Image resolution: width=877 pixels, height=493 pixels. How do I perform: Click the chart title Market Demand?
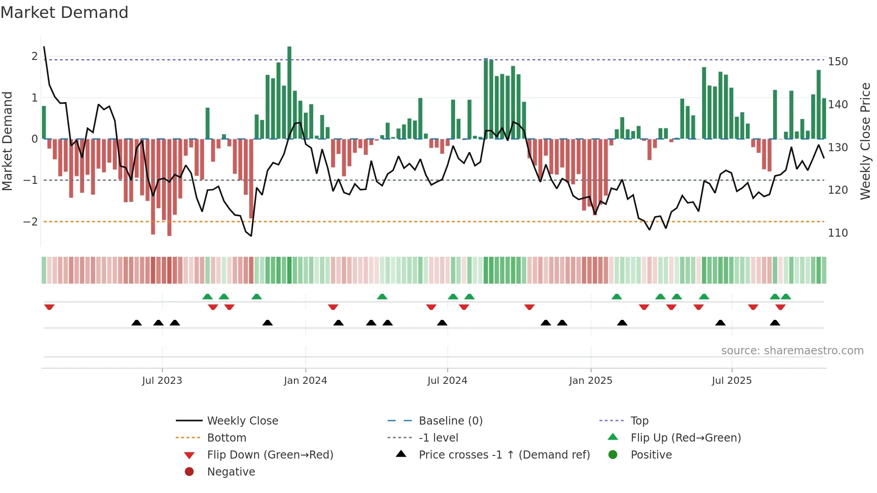[64, 13]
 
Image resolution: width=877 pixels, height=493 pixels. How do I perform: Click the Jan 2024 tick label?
[305, 381]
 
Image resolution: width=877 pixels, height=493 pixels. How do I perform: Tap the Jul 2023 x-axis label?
[162, 381]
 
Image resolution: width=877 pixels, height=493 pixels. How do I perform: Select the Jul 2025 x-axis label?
[732, 381]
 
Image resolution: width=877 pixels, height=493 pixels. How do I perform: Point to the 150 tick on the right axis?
[838, 62]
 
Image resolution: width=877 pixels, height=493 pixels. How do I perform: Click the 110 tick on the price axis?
[838, 233]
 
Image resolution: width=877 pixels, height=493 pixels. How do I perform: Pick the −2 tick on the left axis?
[30, 222]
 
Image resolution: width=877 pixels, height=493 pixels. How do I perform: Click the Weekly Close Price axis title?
[865, 141]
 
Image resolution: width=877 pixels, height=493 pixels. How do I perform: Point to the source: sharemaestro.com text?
[792, 351]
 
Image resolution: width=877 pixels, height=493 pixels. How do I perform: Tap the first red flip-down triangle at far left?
[49, 307]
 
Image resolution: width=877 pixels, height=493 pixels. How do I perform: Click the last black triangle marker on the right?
[775, 323]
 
